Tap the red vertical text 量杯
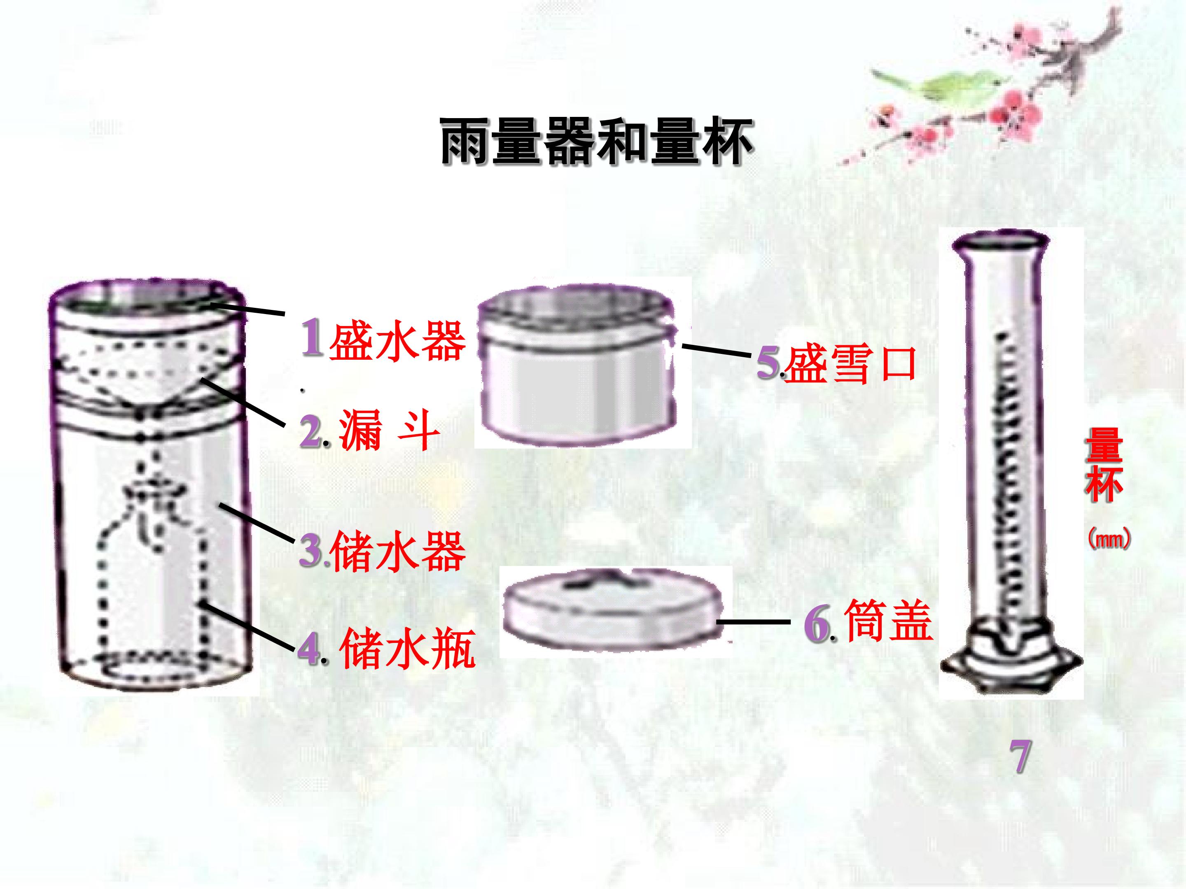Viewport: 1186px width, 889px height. pos(1104,472)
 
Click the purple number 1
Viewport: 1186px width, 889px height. pos(313,337)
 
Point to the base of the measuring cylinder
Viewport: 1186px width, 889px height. pos(1011,659)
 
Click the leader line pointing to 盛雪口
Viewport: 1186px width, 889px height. pos(716,351)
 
